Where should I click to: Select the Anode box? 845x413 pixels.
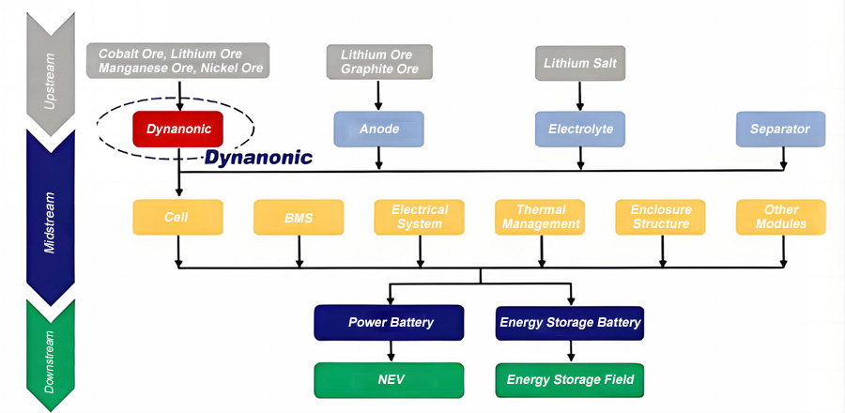(x=378, y=130)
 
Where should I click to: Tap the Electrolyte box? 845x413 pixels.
(x=579, y=130)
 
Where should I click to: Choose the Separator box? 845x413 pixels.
(x=780, y=130)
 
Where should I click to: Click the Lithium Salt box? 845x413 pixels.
(x=579, y=64)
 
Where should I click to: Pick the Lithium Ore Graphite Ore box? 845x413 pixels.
(x=378, y=62)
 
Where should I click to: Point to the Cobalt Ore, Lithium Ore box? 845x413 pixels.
(x=178, y=60)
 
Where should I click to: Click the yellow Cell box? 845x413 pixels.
(x=177, y=217)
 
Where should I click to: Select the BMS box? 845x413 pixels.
(x=299, y=217)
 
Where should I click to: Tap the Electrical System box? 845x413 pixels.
(x=420, y=217)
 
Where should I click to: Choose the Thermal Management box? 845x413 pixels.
(x=541, y=217)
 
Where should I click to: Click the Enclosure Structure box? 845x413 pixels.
(x=661, y=217)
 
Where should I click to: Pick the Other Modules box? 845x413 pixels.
(x=780, y=217)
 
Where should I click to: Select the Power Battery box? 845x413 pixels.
(x=391, y=323)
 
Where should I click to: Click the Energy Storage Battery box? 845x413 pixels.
(x=570, y=323)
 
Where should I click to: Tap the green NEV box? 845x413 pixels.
(x=391, y=380)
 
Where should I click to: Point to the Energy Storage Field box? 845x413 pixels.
(x=570, y=380)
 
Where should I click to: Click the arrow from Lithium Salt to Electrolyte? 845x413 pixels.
(x=579, y=96)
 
